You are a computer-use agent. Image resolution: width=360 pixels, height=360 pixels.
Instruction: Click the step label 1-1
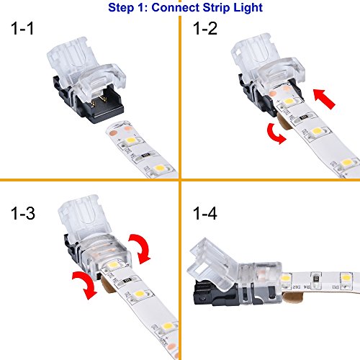click(22, 29)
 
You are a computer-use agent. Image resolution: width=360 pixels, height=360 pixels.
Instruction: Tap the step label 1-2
click(205, 29)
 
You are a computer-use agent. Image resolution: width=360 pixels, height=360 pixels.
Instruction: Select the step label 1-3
click(23, 213)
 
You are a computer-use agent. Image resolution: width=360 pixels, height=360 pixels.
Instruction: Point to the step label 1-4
click(205, 213)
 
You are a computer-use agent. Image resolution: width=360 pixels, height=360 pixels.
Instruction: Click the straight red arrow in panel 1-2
click(324, 99)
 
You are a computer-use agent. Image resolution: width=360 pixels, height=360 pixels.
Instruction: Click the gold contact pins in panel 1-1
click(99, 101)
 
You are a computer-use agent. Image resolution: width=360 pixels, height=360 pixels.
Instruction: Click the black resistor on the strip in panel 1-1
click(146, 156)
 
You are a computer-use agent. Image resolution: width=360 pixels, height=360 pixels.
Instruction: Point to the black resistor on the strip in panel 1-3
click(127, 280)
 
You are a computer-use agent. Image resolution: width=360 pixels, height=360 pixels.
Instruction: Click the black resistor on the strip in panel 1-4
click(316, 279)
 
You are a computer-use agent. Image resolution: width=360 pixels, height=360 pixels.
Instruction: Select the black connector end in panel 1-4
click(216, 293)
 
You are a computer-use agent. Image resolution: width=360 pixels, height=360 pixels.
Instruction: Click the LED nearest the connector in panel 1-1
click(131, 140)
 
